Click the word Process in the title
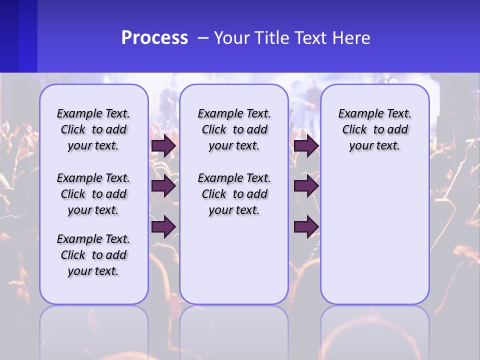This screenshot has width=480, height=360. [x=154, y=38]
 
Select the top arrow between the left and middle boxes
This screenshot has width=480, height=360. [x=163, y=146]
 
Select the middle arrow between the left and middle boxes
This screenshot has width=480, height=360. [x=163, y=186]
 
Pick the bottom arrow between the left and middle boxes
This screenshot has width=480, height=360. [x=163, y=227]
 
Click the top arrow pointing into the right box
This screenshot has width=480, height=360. [x=306, y=146]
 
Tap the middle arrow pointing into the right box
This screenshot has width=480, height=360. [x=306, y=186]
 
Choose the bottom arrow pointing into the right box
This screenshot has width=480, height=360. [x=306, y=227]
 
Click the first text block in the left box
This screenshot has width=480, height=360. [x=93, y=129]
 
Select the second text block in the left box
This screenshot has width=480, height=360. [x=93, y=194]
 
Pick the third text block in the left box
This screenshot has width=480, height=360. [x=93, y=255]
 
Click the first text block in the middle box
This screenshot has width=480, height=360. [x=234, y=129]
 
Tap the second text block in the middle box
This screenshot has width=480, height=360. [x=234, y=194]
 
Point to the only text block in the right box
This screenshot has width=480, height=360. [x=374, y=129]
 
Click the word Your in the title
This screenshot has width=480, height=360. [x=231, y=38]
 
